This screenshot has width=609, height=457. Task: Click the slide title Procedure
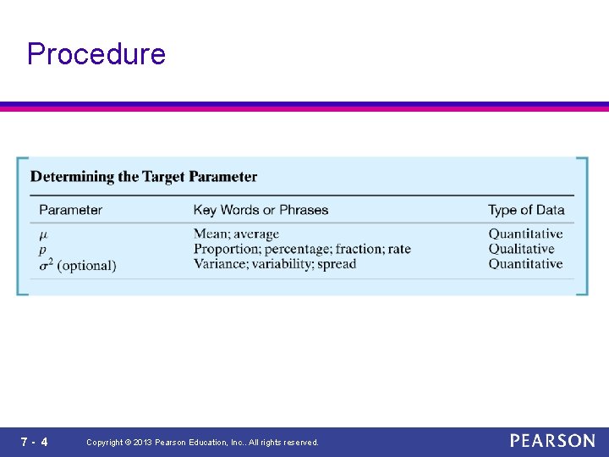[96, 54]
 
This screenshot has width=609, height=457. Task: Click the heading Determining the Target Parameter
[144, 177]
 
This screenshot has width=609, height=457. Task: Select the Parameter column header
[71, 210]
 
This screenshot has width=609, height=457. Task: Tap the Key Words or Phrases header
[261, 210]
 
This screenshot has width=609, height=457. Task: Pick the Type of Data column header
[525, 210]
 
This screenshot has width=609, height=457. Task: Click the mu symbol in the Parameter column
[44, 234]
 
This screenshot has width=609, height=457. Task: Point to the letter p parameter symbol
[43, 250]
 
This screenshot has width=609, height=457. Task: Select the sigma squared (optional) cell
[78, 265]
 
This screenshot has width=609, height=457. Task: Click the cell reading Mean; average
[236, 234]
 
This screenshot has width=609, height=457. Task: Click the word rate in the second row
[398, 249]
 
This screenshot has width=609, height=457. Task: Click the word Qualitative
[521, 249]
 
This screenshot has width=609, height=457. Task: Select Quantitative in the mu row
[525, 234]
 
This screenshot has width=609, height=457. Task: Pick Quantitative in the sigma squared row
[525, 264]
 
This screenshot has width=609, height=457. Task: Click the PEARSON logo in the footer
[552, 441]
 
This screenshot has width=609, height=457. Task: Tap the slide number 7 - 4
[35, 442]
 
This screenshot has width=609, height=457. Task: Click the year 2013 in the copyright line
[140, 443]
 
